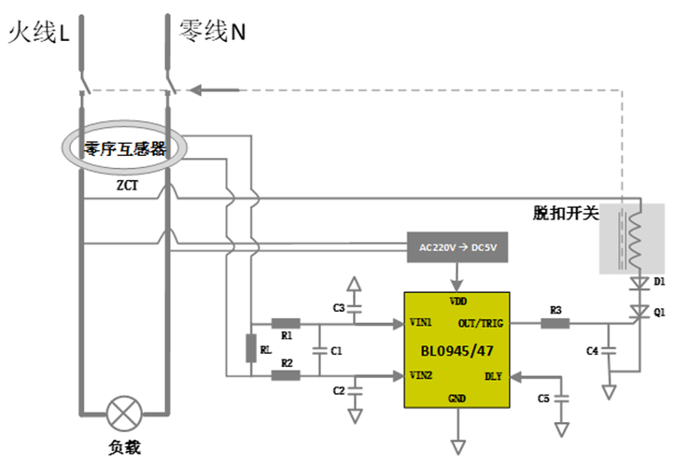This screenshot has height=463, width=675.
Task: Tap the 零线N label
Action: coord(213,33)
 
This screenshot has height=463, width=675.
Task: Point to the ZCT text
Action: coord(127,185)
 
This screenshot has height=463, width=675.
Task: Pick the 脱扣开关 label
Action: coord(564,214)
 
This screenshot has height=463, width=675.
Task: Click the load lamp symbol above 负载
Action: coord(124,412)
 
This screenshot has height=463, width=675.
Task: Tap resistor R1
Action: coord(286,324)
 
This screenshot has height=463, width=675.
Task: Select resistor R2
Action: coord(286,375)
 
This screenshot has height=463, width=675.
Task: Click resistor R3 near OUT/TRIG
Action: coord(555,324)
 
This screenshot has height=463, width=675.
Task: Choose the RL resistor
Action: coord(250,349)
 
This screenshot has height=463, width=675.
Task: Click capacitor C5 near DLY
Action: coord(560,399)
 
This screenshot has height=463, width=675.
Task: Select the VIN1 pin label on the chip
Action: coord(420,323)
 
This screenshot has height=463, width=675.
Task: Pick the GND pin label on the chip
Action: coord(457,399)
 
